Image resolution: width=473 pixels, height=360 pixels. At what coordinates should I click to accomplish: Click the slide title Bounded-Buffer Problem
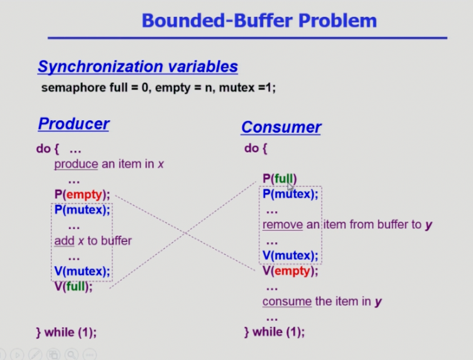(x=259, y=21)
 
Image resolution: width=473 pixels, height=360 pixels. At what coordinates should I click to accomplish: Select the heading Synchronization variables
(x=138, y=67)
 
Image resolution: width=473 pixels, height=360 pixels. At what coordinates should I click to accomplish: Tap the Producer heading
(x=73, y=124)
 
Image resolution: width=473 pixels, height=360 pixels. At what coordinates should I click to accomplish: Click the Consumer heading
(x=281, y=127)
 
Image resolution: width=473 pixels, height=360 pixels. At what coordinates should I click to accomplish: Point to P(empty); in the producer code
(x=82, y=194)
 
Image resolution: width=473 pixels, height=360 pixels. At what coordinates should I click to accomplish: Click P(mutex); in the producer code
(x=82, y=210)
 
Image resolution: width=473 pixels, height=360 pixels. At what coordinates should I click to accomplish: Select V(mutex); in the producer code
(x=82, y=271)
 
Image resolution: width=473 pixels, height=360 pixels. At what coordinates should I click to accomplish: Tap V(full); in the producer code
(x=73, y=286)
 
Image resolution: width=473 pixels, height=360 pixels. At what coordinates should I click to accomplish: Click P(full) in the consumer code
(x=280, y=178)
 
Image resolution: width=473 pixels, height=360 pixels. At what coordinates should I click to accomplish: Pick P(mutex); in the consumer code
(x=290, y=194)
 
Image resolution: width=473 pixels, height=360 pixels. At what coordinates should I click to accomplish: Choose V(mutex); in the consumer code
(x=290, y=256)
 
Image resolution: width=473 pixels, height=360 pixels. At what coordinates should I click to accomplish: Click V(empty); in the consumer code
(x=290, y=271)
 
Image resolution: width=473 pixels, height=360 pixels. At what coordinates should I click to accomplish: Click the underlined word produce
(x=76, y=165)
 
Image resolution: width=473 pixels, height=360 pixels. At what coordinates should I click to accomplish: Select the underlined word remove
(x=283, y=225)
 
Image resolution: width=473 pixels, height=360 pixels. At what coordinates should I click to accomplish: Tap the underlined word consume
(x=287, y=302)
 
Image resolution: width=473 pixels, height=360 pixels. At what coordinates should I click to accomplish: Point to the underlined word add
(x=64, y=241)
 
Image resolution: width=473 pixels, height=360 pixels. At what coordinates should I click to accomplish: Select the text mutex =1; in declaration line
(x=247, y=88)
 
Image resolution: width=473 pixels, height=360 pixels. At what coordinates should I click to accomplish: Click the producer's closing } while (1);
(x=67, y=332)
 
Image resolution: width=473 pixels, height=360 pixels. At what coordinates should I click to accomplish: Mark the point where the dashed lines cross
(x=185, y=232)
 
